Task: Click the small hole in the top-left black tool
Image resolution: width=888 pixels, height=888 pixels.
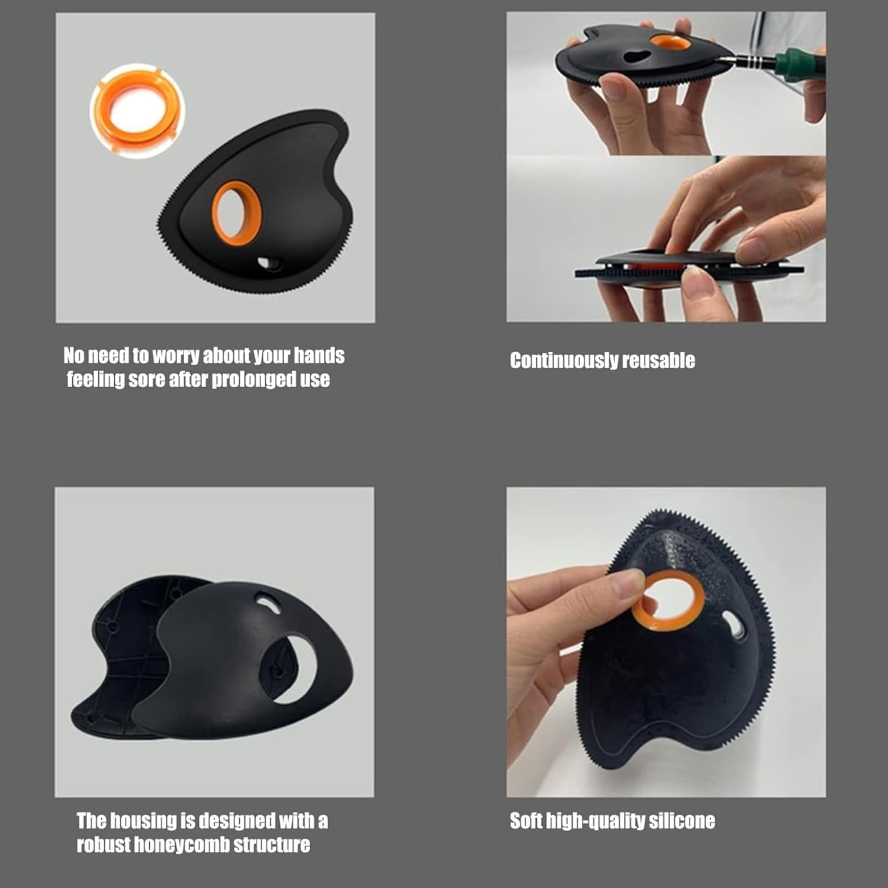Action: click(269, 262)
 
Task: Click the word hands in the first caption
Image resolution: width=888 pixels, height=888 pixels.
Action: click(319, 355)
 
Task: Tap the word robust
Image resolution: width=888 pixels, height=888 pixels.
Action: click(103, 845)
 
